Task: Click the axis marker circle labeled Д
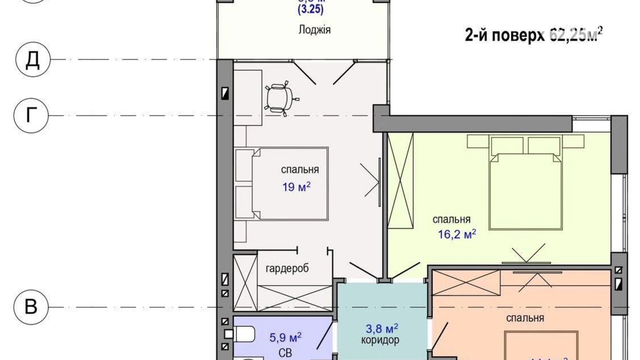[33, 60]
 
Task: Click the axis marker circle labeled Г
[31, 115]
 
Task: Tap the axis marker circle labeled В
[31, 307]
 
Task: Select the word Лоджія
[314, 30]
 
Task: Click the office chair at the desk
[279, 99]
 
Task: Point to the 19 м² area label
[296, 187]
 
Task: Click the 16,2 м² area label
[457, 234]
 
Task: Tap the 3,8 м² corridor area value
[382, 328]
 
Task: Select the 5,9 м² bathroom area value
[285, 337]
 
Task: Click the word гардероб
[287, 268]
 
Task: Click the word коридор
[380, 340]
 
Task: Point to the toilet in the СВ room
[243, 334]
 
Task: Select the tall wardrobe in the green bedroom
[400, 180]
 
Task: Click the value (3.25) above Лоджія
[310, 9]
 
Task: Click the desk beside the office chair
[248, 98]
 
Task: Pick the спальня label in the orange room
[525, 318]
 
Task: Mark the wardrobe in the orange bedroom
[466, 283]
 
